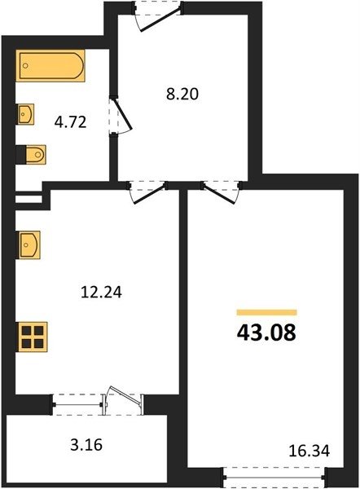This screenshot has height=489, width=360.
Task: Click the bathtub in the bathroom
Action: click(x=50, y=65)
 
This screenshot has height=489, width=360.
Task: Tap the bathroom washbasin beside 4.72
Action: click(x=25, y=114)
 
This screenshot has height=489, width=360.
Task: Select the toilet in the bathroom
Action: click(x=32, y=154)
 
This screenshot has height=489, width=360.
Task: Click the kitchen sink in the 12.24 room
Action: click(x=29, y=244)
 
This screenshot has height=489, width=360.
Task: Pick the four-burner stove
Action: click(x=32, y=337)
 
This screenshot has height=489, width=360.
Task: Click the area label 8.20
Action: click(x=182, y=94)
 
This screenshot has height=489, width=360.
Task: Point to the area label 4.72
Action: click(x=70, y=122)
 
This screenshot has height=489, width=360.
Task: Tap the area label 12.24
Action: click(x=101, y=293)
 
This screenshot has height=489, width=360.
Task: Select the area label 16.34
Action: click(x=309, y=451)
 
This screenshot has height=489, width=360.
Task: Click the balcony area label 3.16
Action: click(x=86, y=445)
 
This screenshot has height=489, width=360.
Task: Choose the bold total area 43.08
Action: click(x=266, y=333)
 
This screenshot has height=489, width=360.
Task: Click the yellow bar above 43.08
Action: click(x=267, y=312)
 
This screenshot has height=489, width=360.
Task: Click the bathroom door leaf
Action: click(x=123, y=114)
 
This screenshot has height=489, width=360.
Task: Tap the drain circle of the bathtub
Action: click(x=25, y=66)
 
